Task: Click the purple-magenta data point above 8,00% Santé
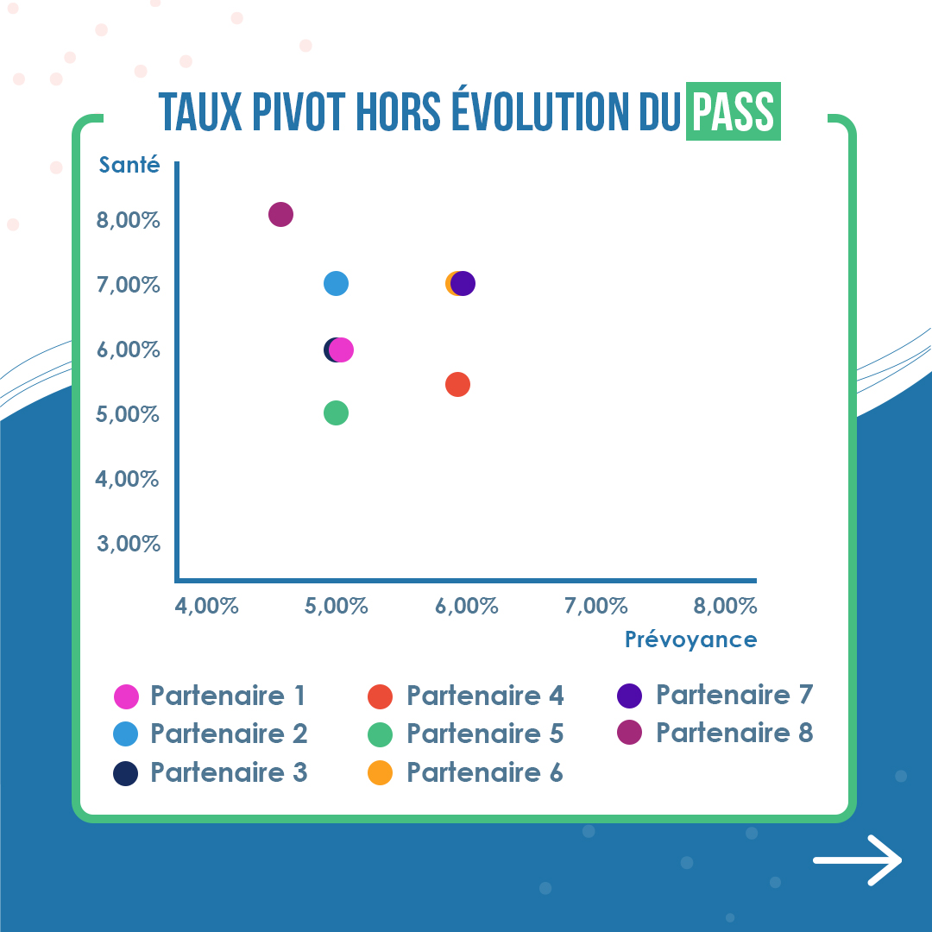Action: [280, 215]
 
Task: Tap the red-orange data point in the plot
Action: [457, 385]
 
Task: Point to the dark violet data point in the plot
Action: [463, 284]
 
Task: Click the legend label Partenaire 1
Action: [228, 696]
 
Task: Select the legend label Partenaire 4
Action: [485, 696]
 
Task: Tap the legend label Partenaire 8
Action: [734, 733]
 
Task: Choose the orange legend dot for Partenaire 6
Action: [381, 772]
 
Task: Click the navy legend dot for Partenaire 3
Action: [125, 773]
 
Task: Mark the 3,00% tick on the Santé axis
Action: [129, 544]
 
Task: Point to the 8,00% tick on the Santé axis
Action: [129, 220]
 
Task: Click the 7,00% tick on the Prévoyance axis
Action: [595, 606]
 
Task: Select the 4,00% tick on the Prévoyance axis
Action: [206, 606]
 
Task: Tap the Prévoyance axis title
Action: [690, 639]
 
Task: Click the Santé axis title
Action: [129, 165]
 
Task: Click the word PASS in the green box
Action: [734, 111]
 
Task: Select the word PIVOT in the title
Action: [299, 111]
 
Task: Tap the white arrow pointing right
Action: [858, 860]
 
